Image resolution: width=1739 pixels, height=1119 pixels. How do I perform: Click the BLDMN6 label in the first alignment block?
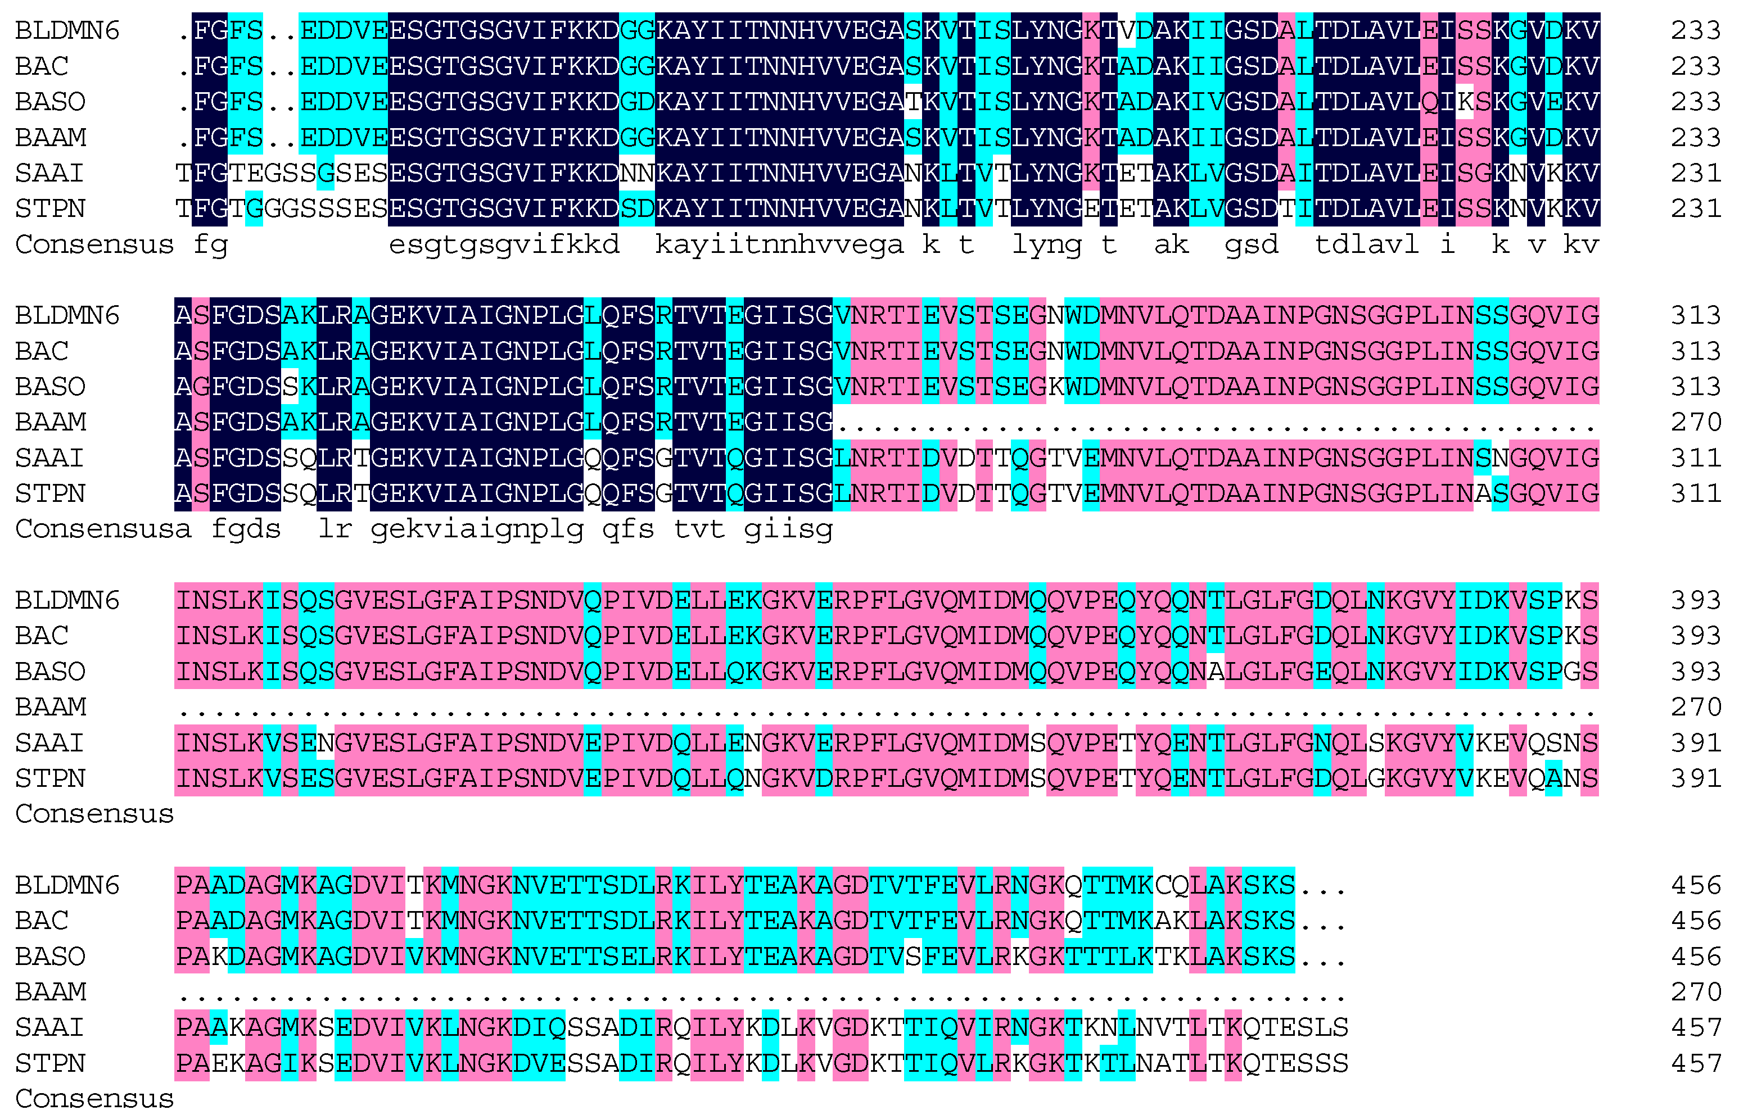click(67, 30)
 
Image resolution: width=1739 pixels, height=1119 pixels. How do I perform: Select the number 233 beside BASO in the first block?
click(1695, 102)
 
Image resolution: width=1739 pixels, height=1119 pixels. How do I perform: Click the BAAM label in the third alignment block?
click(50, 707)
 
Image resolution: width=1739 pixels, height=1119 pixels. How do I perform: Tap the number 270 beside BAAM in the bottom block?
click(1695, 992)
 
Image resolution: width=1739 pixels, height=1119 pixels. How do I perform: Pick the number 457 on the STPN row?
click(1695, 1064)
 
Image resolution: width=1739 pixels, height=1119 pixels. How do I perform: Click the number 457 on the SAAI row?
click(1695, 1027)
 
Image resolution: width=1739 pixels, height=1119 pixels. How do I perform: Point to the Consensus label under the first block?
click(94, 245)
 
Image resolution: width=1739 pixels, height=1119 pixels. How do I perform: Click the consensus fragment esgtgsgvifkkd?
click(504, 245)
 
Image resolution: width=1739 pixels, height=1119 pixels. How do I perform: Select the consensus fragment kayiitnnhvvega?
click(779, 245)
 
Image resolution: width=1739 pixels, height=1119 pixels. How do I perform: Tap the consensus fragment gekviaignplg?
click(477, 529)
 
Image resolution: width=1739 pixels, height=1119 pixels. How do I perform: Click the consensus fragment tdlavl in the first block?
click(1366, 245)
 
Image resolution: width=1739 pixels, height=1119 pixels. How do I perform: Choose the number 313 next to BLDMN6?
click(1695, 315)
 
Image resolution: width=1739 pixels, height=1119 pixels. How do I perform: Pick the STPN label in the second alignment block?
click(49, 494)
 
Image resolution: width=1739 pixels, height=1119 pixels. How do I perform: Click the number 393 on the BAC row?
click(1695, 636)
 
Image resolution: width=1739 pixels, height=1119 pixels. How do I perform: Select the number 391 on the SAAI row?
click(1695, 742)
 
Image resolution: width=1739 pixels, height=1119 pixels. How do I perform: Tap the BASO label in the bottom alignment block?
click(49, 956)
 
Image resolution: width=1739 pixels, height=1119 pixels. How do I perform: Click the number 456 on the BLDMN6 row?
click(1695, 885)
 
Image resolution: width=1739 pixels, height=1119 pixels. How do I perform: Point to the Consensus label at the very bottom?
click(94, 1099)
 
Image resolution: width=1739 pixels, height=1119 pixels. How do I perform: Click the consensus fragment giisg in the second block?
click(788, 529)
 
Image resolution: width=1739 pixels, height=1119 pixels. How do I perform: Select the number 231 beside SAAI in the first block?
click(1695, 173)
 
